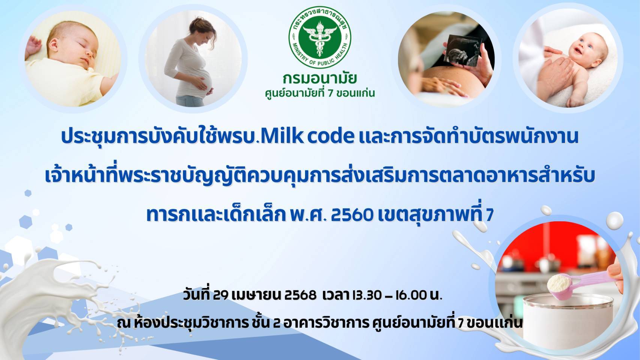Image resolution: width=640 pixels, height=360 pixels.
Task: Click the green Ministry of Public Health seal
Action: (320, 37)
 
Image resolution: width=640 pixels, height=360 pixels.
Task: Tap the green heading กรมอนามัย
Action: (320, 79)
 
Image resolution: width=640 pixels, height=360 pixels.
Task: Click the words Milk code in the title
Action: (307, 136)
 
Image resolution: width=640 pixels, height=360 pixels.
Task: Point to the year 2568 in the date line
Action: (300, 295)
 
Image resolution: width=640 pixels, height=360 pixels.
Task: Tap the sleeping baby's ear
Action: (54, 45)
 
